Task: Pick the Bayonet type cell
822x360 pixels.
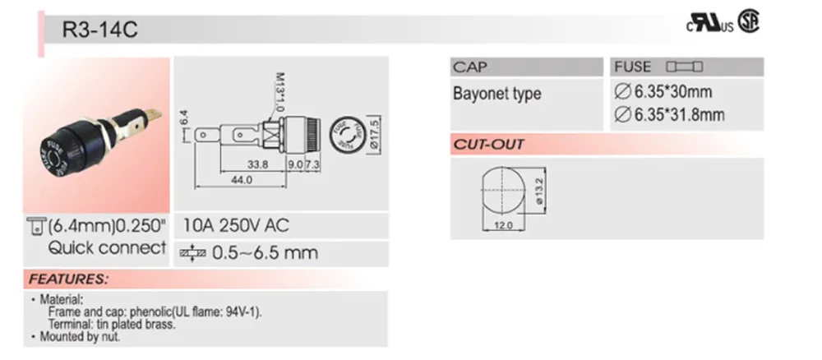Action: tap(496, 93)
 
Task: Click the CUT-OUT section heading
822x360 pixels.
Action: tap(488, 145)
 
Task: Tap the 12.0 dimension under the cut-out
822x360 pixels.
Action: tap(503, 224)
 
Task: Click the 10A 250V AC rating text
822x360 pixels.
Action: tap(236, 224)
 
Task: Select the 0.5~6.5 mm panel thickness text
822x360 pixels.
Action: tap(264, 252)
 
